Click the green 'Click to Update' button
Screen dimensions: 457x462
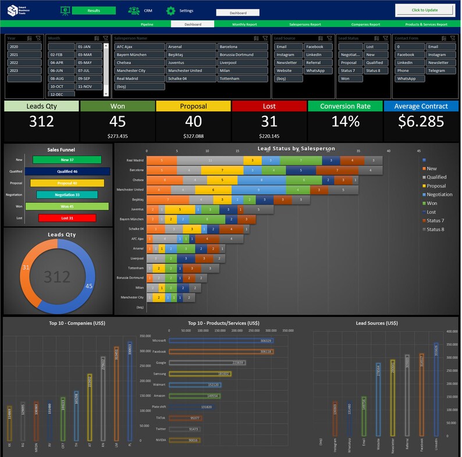tap(425, 10)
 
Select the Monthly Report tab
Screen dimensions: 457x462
tap(244, 24)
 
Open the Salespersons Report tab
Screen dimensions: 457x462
tap(305, 24)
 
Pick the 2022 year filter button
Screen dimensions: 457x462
tap(24, 63)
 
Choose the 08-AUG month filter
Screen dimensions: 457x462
tap(61, 78)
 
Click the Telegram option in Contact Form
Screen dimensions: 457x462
tap(440, 71)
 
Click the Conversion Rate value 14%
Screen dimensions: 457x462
tap(345, 122)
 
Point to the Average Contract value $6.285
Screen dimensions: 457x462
tap(421, 122)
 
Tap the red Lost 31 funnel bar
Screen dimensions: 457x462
tap(67, 218)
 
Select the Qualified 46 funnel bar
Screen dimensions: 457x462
tap(67, 172)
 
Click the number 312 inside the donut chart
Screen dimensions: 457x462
tap(57, 276)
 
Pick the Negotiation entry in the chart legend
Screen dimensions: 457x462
tap(439, 195)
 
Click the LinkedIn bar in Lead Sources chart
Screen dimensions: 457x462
tap(436, 389)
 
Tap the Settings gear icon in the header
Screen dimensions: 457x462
tap(170, 10)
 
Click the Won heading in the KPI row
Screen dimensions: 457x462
tap(118, 106)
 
